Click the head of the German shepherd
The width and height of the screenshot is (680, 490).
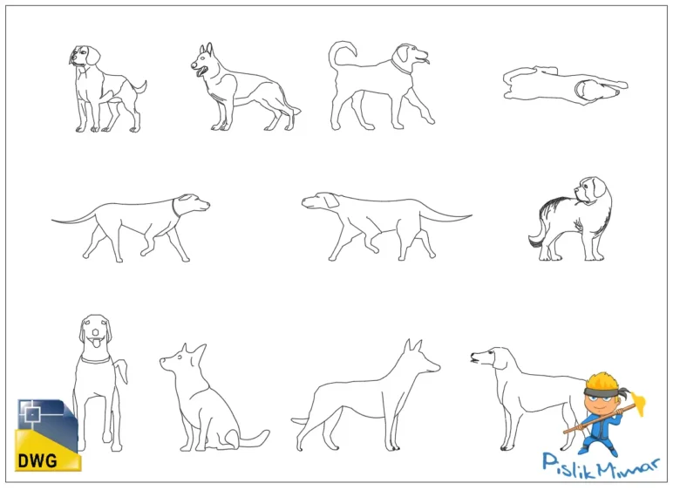205,62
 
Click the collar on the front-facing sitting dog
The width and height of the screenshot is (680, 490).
96,358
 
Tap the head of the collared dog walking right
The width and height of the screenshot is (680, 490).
194,205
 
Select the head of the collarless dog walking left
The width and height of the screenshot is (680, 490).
319,201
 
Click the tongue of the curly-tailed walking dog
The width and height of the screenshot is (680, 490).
425,61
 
